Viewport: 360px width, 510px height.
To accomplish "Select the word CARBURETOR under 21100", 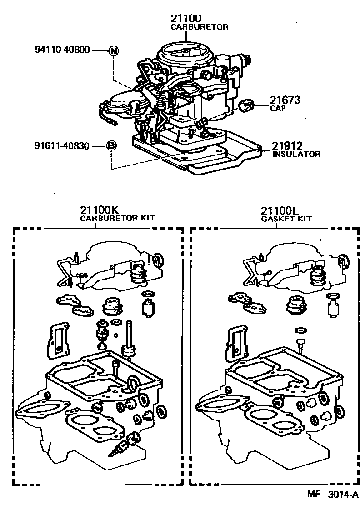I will click(199, 27).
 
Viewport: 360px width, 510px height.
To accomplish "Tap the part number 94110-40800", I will click(62, 50).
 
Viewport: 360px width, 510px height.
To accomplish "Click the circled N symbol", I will click(113, 50).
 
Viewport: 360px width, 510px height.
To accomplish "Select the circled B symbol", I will click(111, 146).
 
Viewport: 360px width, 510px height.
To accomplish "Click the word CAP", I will click(277, 109).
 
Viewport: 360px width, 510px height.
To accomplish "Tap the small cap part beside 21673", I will click(247, 105).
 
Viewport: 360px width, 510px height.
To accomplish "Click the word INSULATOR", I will click(296, 154).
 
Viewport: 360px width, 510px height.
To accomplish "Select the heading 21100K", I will click(100, 210).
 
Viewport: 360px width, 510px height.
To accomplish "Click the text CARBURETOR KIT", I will click(117, 218).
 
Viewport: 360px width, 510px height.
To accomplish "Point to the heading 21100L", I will click(279, 210).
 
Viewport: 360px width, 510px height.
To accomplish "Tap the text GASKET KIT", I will click(286, 219).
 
